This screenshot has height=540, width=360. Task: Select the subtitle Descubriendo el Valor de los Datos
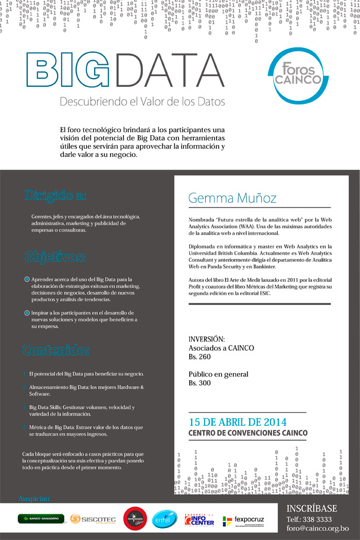[x=142, y=102]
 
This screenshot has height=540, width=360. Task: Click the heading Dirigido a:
[x=55, y=195]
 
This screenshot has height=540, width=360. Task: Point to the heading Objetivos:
[x=55, y=256]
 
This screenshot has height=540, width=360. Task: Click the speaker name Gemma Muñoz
[x=232, y=198]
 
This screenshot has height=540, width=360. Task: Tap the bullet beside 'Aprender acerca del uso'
[x=27, y=279]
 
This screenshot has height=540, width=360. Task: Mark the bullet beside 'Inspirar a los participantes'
[x=27, y=313]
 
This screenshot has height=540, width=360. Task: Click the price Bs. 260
[x=200, y=356]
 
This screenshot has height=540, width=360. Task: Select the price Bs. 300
[x=200, y=383]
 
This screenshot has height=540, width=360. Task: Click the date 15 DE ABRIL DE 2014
[x=238, y=422]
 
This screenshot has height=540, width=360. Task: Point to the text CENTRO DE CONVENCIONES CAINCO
[x=248, y=433]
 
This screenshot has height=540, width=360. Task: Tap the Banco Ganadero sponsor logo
[x=41, y=519]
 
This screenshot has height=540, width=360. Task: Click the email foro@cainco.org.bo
[x=317, y=528]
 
